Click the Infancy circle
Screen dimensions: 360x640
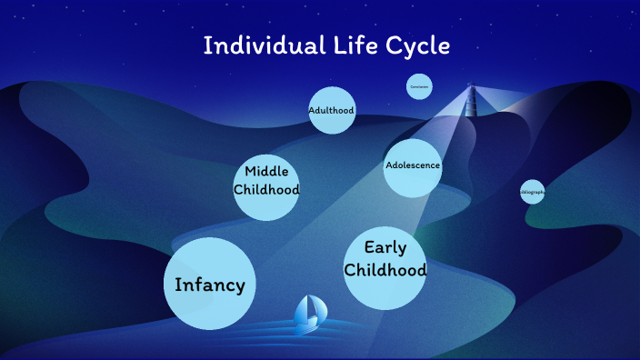[x=210, y=285]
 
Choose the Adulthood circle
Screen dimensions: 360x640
[x=331, y=111]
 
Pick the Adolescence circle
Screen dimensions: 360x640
[x=413, y=167]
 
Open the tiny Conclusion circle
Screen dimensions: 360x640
[x=419, y=86]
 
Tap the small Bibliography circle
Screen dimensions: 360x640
[x=533, y=192]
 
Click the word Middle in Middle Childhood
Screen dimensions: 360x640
[x=266, y=171]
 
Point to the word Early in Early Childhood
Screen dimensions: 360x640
[x=385, y=247]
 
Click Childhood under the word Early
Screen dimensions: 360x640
[x=385, y=270]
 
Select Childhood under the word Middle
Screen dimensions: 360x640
[x=266, y=190]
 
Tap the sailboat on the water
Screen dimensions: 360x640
[x=309, y=313]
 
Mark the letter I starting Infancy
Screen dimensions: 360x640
[x=178, y=285]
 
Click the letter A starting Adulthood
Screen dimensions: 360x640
[x=311, y=111]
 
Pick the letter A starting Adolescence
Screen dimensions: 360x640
[x=389, y=165]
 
